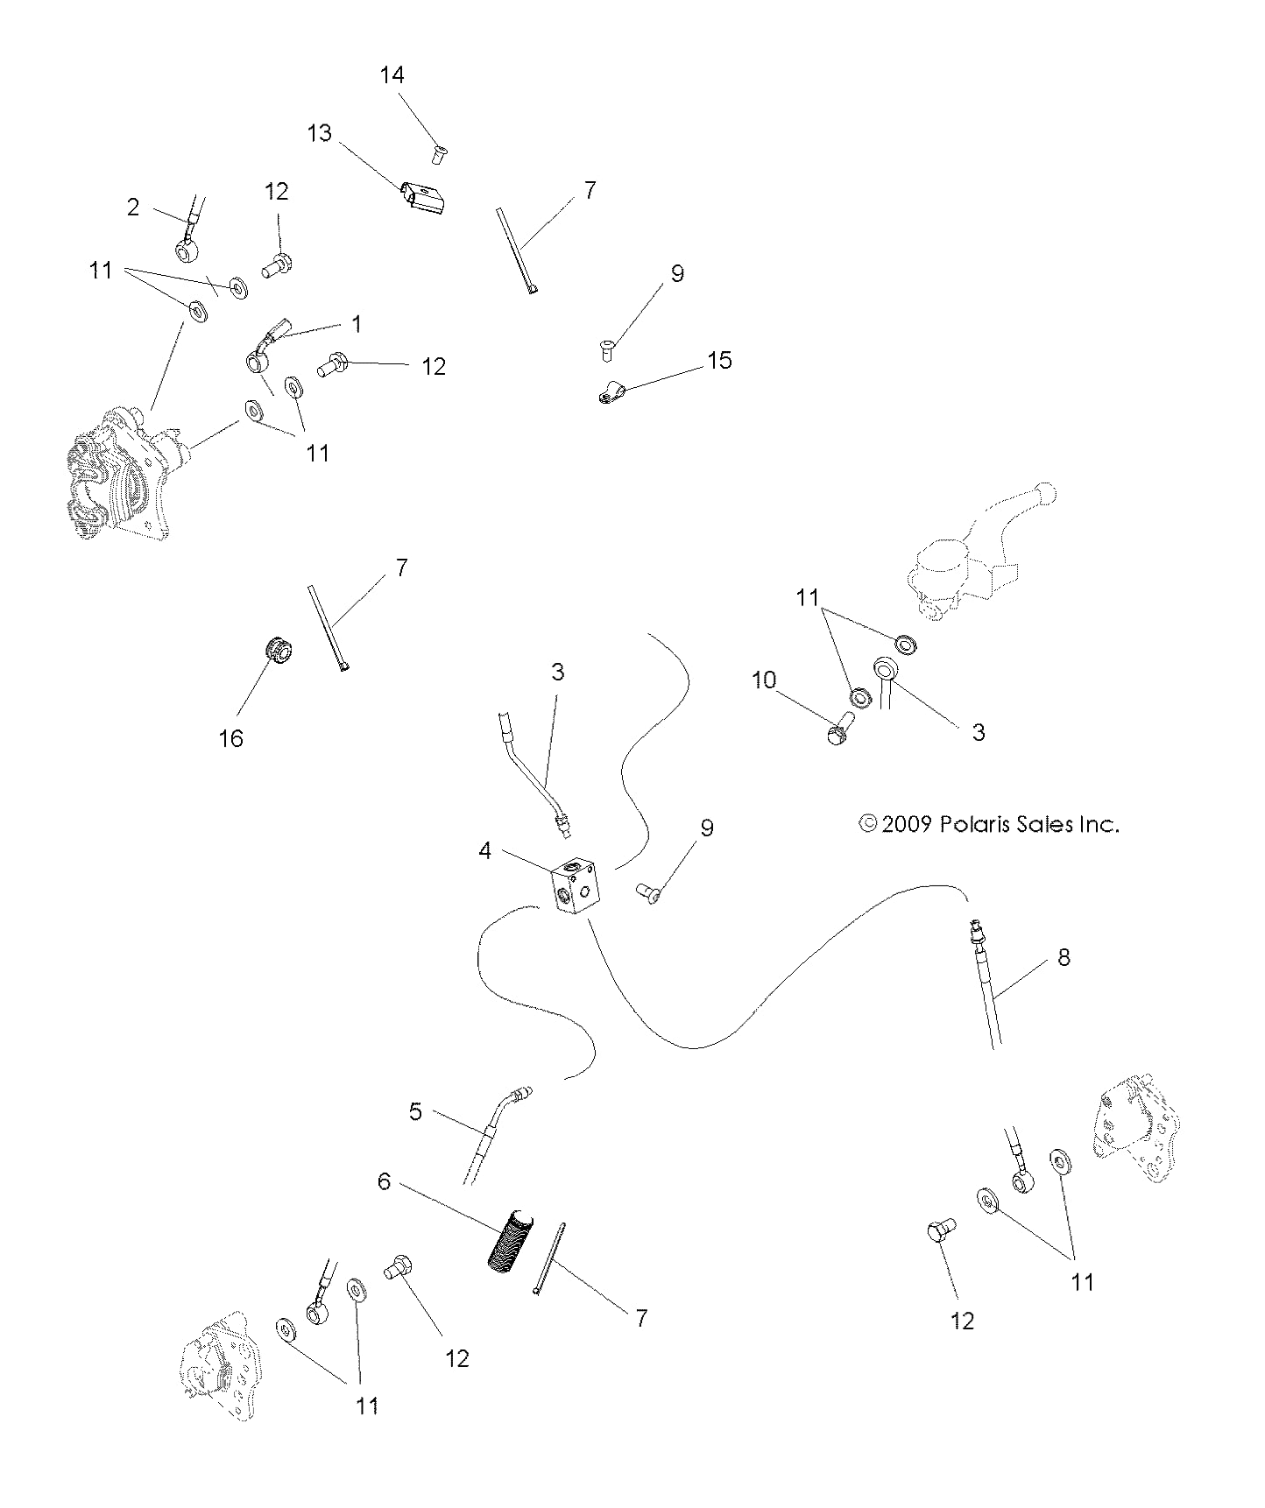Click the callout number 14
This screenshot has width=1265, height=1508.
(x=392, y=75)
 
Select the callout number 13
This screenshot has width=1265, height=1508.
(x=320, y=133)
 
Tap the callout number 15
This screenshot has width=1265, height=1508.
(x=719, y=360)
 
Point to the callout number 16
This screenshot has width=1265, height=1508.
(x=230, y=738)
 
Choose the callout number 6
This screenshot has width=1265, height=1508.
(x=384, y=1181)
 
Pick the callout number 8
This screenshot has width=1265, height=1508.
(x=1064, y=957)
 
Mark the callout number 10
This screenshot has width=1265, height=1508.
(x=764, y=680)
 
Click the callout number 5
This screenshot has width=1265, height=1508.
(x=415, y=1111)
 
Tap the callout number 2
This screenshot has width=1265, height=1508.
(x=133, y=208)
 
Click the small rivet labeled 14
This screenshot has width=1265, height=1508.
(x=438, y=154)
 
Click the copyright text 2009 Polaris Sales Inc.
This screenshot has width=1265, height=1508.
(x=990, y=824)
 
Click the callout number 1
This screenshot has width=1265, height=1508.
(x=357, y=324)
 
